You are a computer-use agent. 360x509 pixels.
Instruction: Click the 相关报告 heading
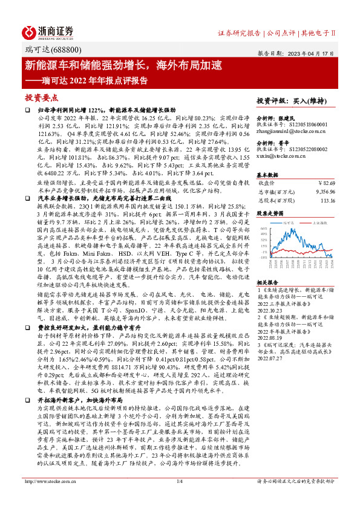click(267, 282)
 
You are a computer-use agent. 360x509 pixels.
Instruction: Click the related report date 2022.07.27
click(269, 374)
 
